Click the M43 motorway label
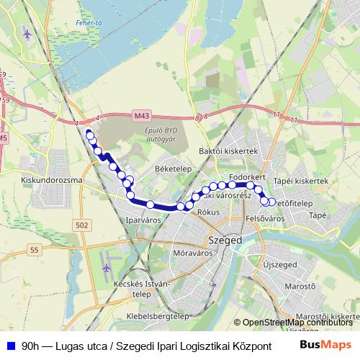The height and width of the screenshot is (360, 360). point(142,114)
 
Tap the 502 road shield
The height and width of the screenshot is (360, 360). point(81,226)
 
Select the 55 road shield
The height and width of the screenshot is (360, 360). point(34,249)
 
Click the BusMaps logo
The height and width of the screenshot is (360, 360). point(325,345)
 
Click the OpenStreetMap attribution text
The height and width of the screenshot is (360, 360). point(297,323)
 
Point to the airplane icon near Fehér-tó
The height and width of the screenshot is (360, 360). point(28,33)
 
